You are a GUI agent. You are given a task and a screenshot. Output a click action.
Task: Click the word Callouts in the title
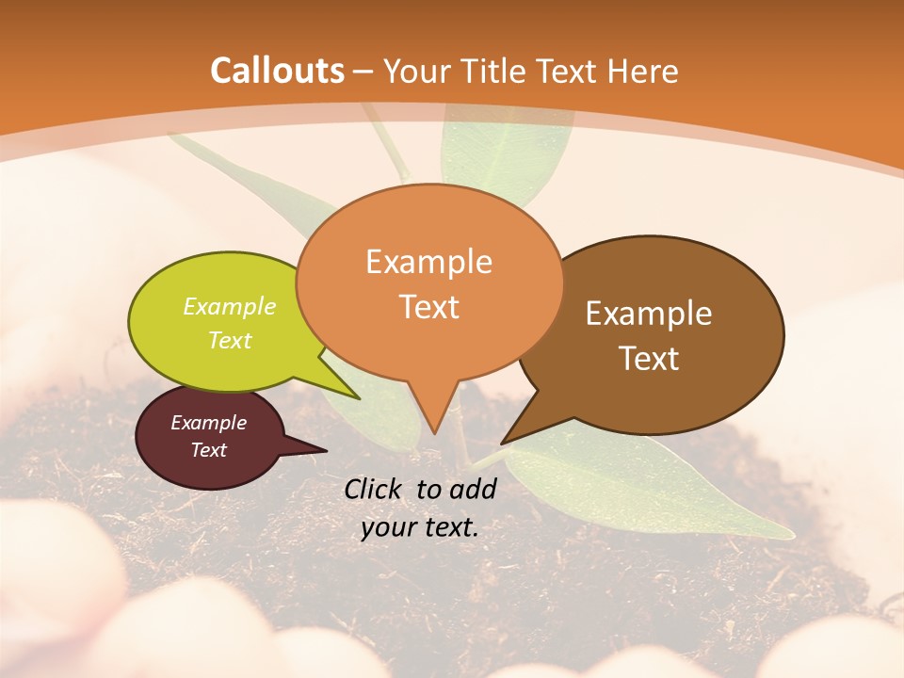[277, 71]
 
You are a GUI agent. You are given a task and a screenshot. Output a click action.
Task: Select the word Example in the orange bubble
[428, 262]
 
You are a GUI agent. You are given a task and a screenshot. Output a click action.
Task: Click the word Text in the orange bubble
[428, 307]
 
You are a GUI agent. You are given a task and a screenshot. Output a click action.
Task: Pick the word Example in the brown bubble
[649, 314]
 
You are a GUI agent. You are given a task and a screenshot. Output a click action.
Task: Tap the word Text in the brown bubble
[649, 359]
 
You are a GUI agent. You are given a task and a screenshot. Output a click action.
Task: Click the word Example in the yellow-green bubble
[230, 307]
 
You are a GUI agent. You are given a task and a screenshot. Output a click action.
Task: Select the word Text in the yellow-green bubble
[230, 340]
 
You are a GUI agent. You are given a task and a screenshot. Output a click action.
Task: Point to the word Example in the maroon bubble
[208, 423]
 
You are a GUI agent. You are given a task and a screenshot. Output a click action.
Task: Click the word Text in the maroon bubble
[208, 450]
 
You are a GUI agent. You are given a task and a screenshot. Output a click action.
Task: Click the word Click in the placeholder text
[375, 489]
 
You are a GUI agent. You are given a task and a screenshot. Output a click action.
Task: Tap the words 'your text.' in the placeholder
[420, 528]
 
